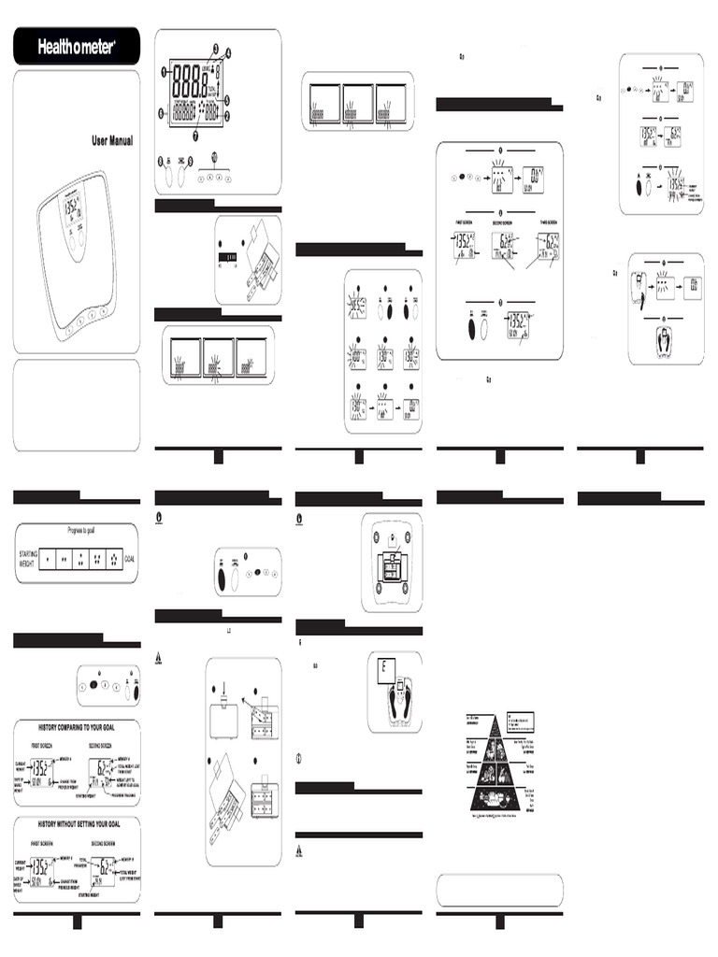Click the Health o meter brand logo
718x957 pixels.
[77, 47]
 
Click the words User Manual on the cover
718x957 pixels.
[112, 141]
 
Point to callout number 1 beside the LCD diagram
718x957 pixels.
[163, 71]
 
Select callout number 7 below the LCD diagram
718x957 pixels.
[194, 136]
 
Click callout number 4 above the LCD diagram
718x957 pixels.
[227, 51]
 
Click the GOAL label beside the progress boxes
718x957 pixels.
[129, 559]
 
